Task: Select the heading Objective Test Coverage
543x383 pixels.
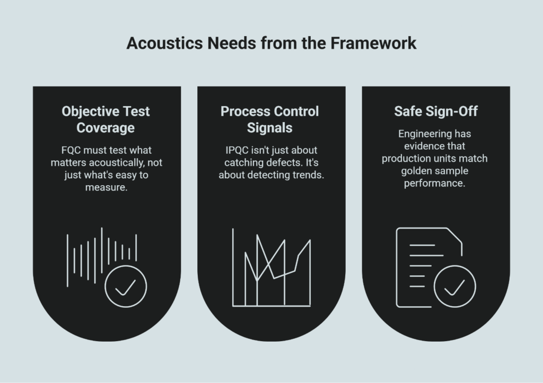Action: tap(106, 119)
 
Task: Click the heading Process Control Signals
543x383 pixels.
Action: tap(271, 119)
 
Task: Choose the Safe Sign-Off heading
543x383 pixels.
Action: tap(435, 111)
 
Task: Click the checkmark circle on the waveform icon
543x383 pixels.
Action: tap(126, 287)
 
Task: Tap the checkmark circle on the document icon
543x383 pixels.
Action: tap(454, 287)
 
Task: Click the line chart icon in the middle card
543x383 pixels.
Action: tap(271, 268)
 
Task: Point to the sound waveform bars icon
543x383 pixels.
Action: tap(101, 255)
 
